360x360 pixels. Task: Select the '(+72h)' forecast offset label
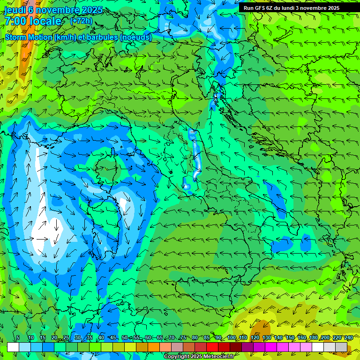pyautogui.click(x=81, y=21)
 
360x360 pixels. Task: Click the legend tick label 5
pyautogui.click(x=18, y=337)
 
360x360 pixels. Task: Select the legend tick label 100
pyautogui.click(x=231, y=337)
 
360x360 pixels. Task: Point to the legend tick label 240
pyautogui.click(x=348, y=337)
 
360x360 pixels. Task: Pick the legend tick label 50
pyautogui.click(x=124, y=337)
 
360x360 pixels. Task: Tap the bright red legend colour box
pyautogui.click(x=212, y=347)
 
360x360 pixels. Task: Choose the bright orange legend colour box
pyautogui.click(x=154, y=347)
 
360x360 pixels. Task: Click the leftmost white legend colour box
pyautogui.click(x=13, y=347)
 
